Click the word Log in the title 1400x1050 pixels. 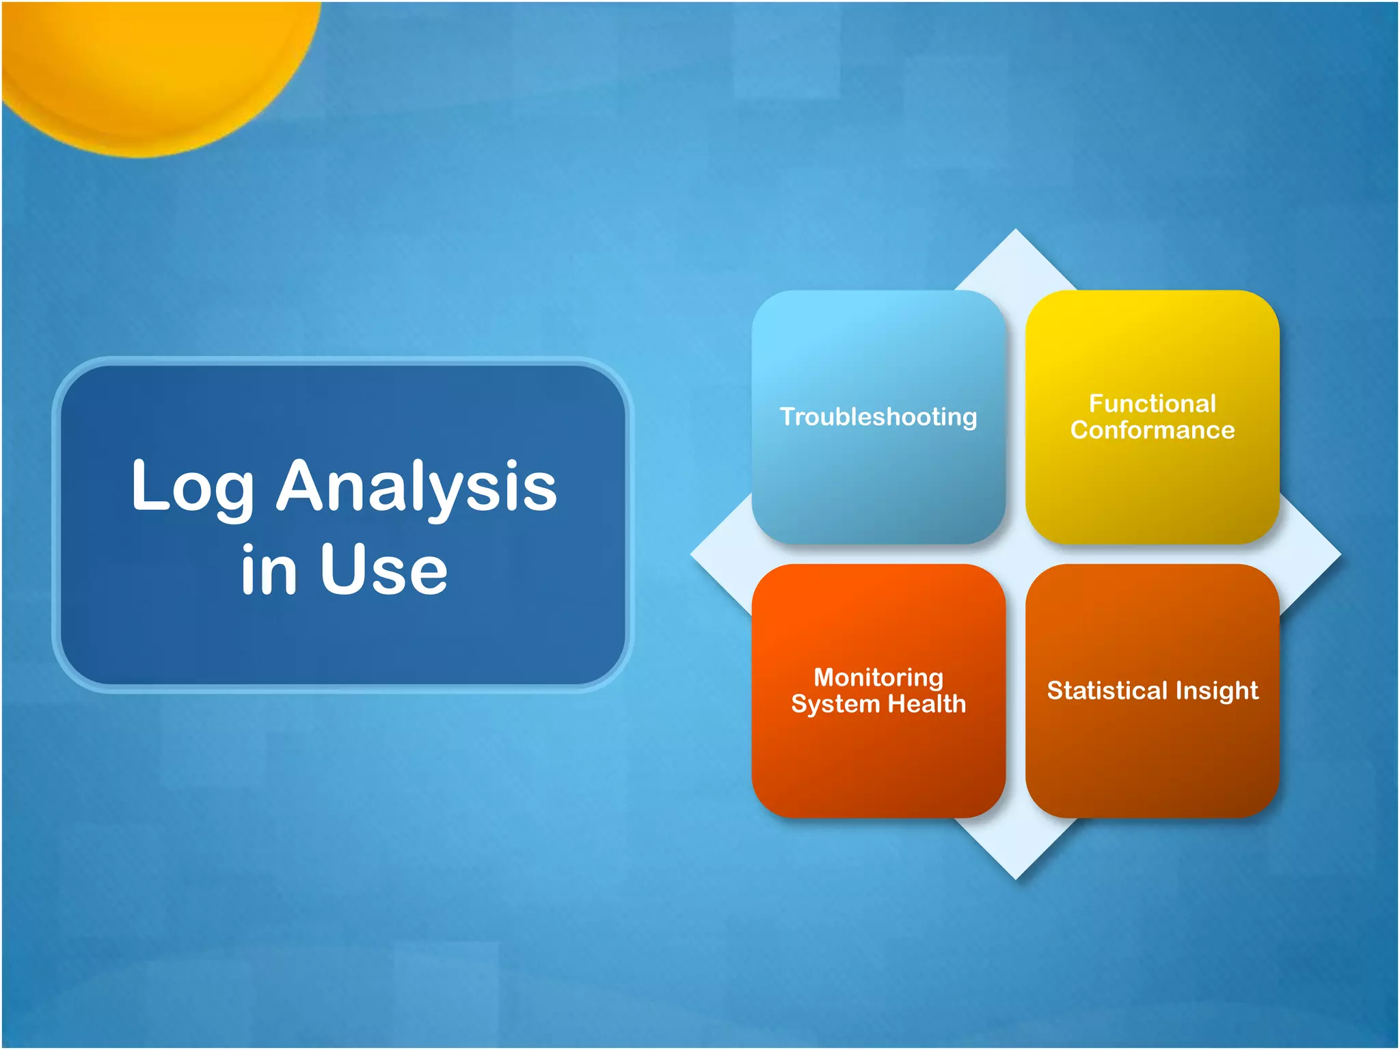[192, 487]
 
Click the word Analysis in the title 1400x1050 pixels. [416, 487]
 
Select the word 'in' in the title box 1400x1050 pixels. [269, 569]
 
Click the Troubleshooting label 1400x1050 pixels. [878, 417]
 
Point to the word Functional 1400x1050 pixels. [1152, 403]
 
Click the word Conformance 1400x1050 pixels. [1152, 431]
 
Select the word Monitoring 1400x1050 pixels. [878, 677]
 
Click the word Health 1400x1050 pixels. [926, 704]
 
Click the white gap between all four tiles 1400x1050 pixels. [1015, 554]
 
